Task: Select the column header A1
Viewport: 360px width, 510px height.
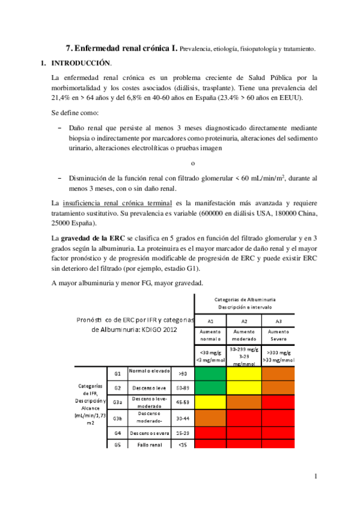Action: pos(210,321)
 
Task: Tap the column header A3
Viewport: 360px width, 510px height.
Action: pos(278,321)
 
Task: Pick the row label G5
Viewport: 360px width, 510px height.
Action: pos(118,444)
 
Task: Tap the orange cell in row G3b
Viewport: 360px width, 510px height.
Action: pos(210,417)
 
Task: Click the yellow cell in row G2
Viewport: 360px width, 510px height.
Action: pos(245,388)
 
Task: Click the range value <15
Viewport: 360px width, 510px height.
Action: pos(183,444)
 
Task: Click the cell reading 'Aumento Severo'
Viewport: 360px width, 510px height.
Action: pos(278,335)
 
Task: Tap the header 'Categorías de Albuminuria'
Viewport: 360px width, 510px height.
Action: pos(245,298)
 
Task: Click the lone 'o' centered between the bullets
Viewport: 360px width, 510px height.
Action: pos(192,162)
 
